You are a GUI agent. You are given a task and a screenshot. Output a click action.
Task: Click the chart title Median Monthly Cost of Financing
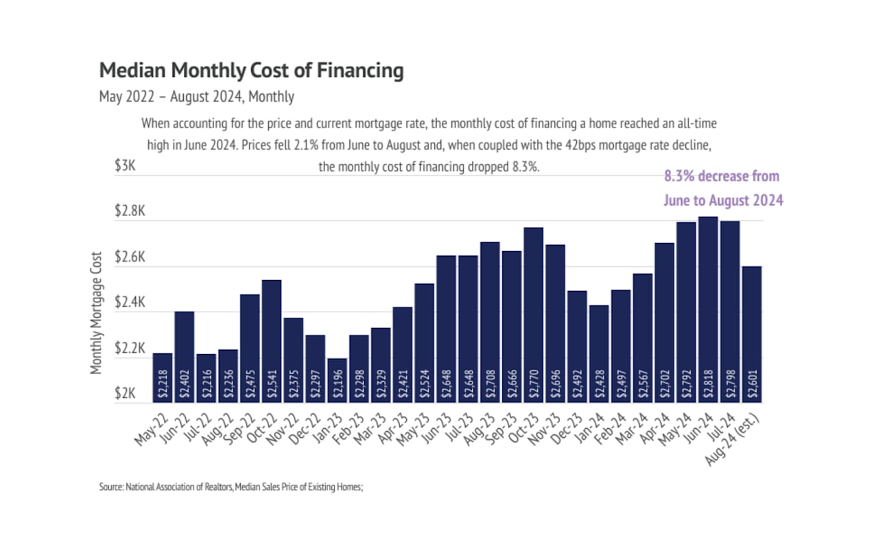point(251,71)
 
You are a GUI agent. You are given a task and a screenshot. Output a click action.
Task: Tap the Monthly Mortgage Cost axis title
point(97,312)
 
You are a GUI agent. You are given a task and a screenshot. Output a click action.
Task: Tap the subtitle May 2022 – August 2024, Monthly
point(197,97)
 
